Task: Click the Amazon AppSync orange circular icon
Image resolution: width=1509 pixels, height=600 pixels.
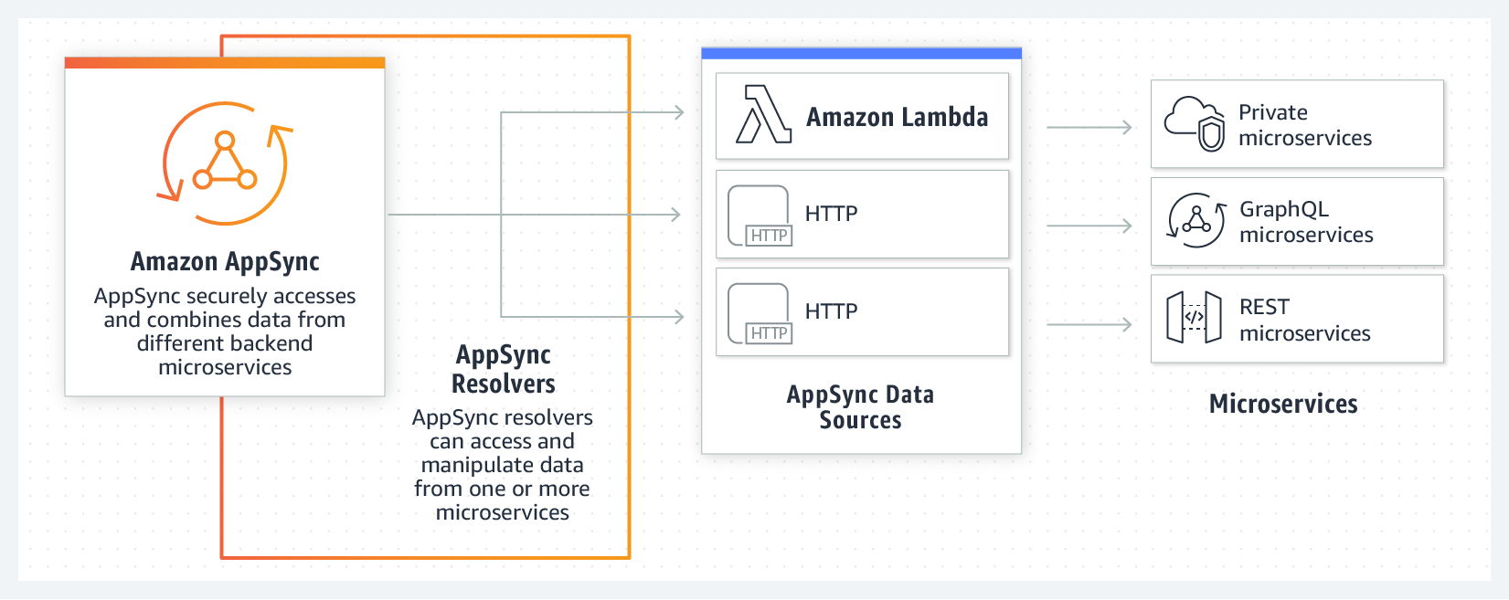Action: tap(225, 163)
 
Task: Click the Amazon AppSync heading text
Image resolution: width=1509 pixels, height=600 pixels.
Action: tap(225, 262)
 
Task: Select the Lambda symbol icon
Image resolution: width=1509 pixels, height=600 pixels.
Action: tap(763, 115)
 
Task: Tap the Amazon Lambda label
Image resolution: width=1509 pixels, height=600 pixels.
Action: tap(897, 117)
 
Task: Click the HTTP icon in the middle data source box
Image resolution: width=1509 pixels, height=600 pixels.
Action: tap(760, 216)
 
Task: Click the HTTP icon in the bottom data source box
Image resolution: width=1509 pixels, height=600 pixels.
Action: tap(760, 313)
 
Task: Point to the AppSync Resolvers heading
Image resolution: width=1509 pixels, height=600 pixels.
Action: tap(503, 369)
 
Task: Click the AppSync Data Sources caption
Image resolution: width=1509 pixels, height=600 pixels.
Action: tap(860, 407)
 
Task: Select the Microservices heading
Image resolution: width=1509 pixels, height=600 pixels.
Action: tap(1283, 404)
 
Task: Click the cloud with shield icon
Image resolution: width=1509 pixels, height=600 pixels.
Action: tap(1195, 123)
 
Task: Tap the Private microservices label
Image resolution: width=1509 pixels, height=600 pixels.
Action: tap(1304, 125)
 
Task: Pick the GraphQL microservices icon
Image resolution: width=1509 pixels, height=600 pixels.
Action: tap(1196, 220)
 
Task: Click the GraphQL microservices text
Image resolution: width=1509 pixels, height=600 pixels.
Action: tap(1305, 222)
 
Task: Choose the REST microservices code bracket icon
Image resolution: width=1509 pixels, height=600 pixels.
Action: tap(1194, 317)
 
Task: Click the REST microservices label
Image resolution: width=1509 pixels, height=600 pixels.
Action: tap(1304, 320)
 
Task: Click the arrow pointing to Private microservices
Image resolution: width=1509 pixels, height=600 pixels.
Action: tap(1089, 128)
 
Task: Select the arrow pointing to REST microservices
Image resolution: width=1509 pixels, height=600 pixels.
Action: tap(1089, 324)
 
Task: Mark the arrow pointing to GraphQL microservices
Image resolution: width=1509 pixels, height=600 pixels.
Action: tap(1089, 226)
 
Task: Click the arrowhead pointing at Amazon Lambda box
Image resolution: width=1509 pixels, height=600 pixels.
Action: tap(678, 112)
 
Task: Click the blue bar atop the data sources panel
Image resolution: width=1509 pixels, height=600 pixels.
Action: tap(861, 54)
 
